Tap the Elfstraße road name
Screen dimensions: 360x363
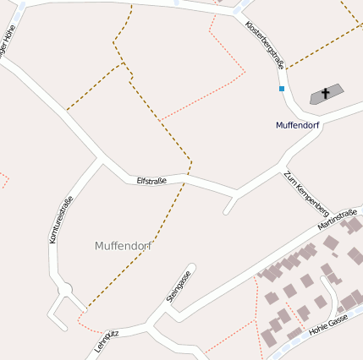(151, 180)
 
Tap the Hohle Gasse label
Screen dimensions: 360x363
(329, 323)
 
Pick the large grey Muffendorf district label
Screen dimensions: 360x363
(124, 246)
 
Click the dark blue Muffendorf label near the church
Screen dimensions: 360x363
(297, 125)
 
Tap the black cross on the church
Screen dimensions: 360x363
(325, 93)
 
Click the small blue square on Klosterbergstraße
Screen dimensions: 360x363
(282, 88)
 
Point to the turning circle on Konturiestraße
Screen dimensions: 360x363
(64, 291)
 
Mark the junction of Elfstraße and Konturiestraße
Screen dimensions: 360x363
(101, 160)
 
